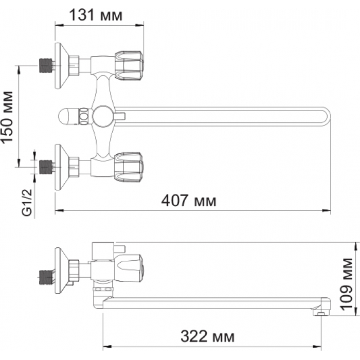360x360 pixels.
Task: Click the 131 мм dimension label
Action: [x=96, y=15]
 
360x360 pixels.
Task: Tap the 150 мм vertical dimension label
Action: [x=7, y=117]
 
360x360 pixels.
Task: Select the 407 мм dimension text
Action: [x=189, y=201]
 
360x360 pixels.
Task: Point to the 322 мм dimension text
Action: [x=208, y=336]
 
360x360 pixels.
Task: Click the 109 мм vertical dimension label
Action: [x=347, y=284]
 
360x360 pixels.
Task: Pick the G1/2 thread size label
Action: [x=27, y=203]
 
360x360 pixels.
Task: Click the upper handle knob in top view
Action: [x=129, y=66]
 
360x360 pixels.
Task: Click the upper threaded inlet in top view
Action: [x=45, y=66]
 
